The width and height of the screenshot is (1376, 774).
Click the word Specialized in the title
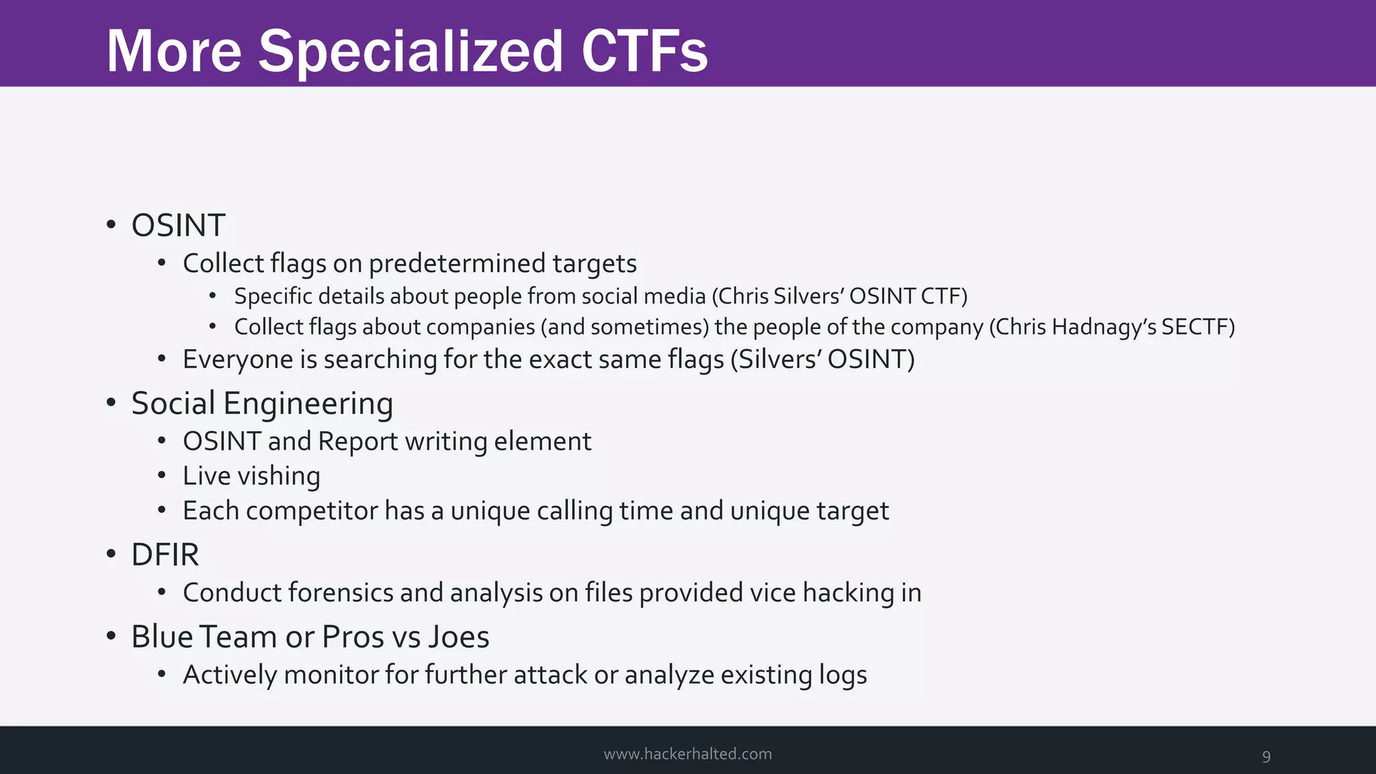pyautogui.click(x=410, y=52)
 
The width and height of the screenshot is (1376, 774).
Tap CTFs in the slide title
pyautogui.click(x=644, y=52)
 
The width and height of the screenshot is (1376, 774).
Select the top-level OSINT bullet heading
pyautogui.click(x=178, y=225)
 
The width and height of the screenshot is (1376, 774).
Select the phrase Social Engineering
pyautogui.click(x=262, y=403)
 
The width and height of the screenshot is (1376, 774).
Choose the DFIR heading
pyautogui.click(x=165, y=555)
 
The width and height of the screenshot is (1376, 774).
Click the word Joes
pyautogui.click(x=459, y=637)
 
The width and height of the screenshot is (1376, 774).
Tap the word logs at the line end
pyautogui.click(x=843, y=675)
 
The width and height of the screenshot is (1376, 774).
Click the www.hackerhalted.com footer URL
pyautogui.click(x=687, y=754)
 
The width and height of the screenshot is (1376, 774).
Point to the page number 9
pyautogui.click(x=1266, y=757)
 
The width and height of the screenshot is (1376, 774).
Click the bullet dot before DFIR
pyautogui.click(x=111, y=555)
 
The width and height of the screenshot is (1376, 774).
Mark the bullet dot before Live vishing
pyautogui.click(x=161, y=476)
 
